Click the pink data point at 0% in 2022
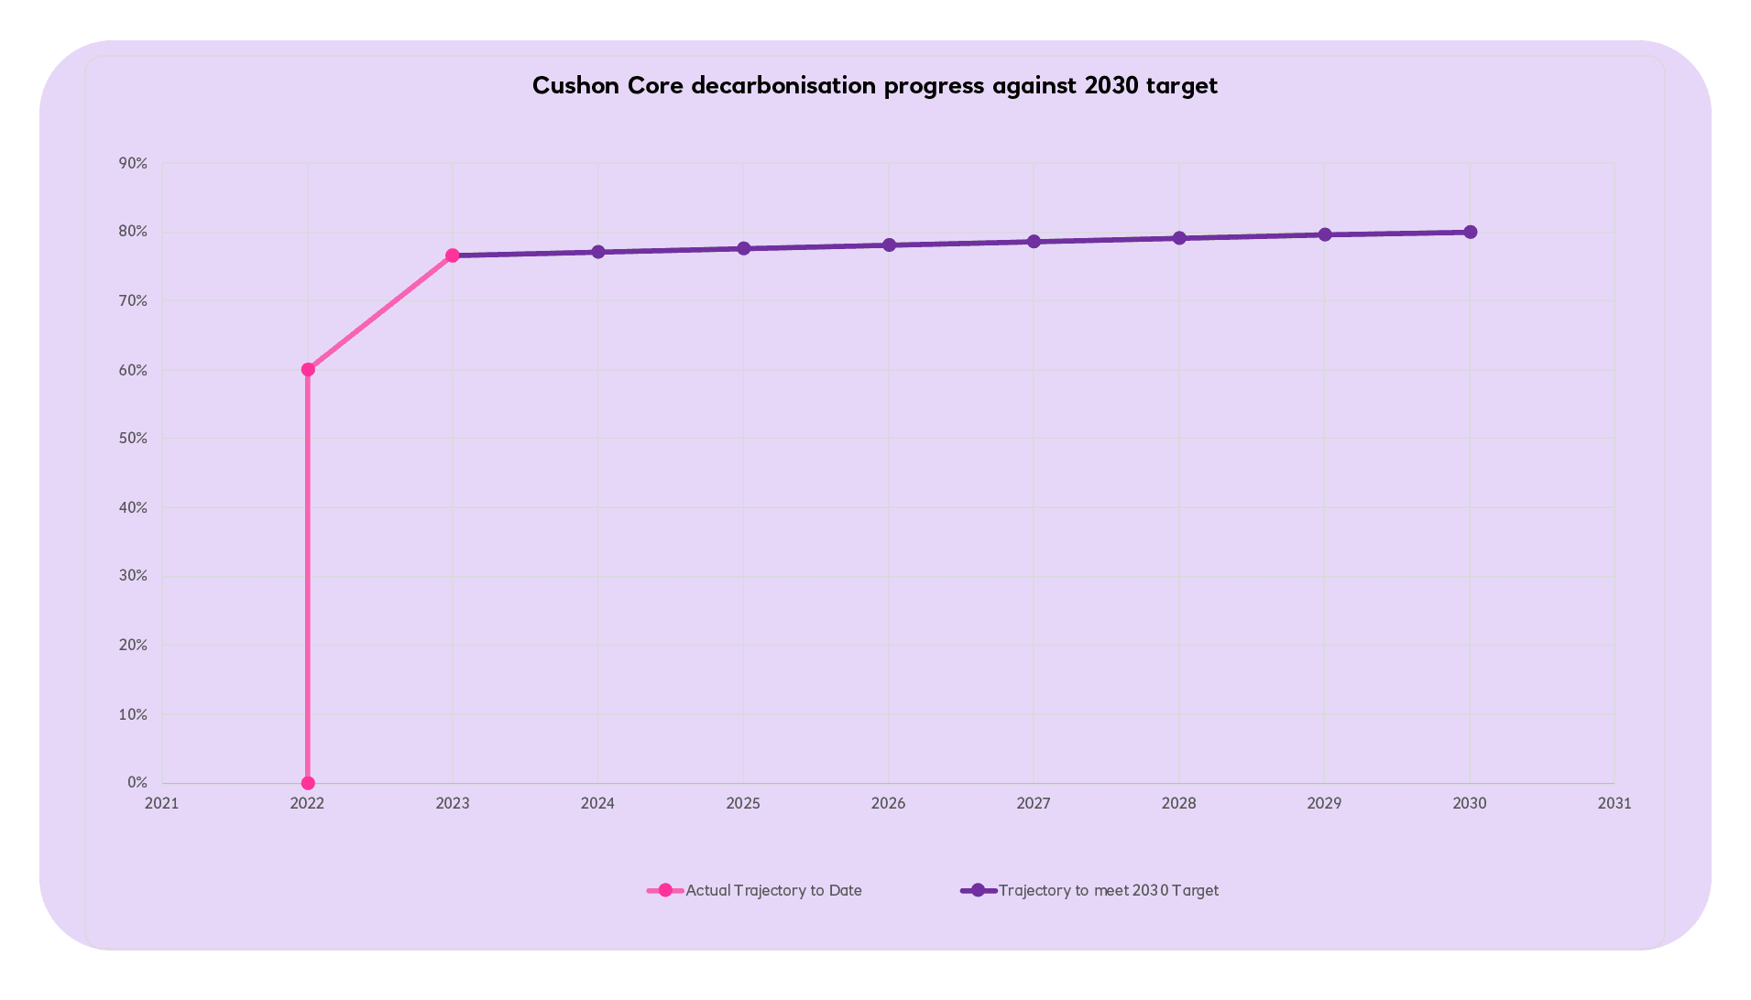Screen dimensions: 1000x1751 (x=308, y=783)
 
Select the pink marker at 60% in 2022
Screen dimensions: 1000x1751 (x=308, y=370)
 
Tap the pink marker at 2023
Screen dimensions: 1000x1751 (x=453, y=255)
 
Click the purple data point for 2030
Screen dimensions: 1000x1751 (x=1470, y=232)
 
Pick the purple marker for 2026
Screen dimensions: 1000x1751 (x=889, y=245)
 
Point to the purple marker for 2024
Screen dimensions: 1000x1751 (x=598, y=252)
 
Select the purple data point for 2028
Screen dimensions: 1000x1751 (x=1179, y=238)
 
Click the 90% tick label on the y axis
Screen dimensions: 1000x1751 (x=133, y=163)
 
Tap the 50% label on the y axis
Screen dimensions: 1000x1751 (x=133, y=438)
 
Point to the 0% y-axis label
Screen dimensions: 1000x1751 (x=137, y=782)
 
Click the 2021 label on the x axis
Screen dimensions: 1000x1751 (x=162, y=803)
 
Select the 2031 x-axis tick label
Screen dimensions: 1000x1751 (x=1614, y=803)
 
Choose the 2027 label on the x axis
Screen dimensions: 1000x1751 (x=1034, y=803)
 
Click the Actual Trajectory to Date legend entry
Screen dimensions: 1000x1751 (x=773, y=890)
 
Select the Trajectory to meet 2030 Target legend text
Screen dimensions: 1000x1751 (x=1108, y=890)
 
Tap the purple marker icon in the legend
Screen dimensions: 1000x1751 (x=978, y=890)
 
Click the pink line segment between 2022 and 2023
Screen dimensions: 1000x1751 (x=380, y=313)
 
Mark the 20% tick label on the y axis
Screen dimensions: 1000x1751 (x=133, y=645)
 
